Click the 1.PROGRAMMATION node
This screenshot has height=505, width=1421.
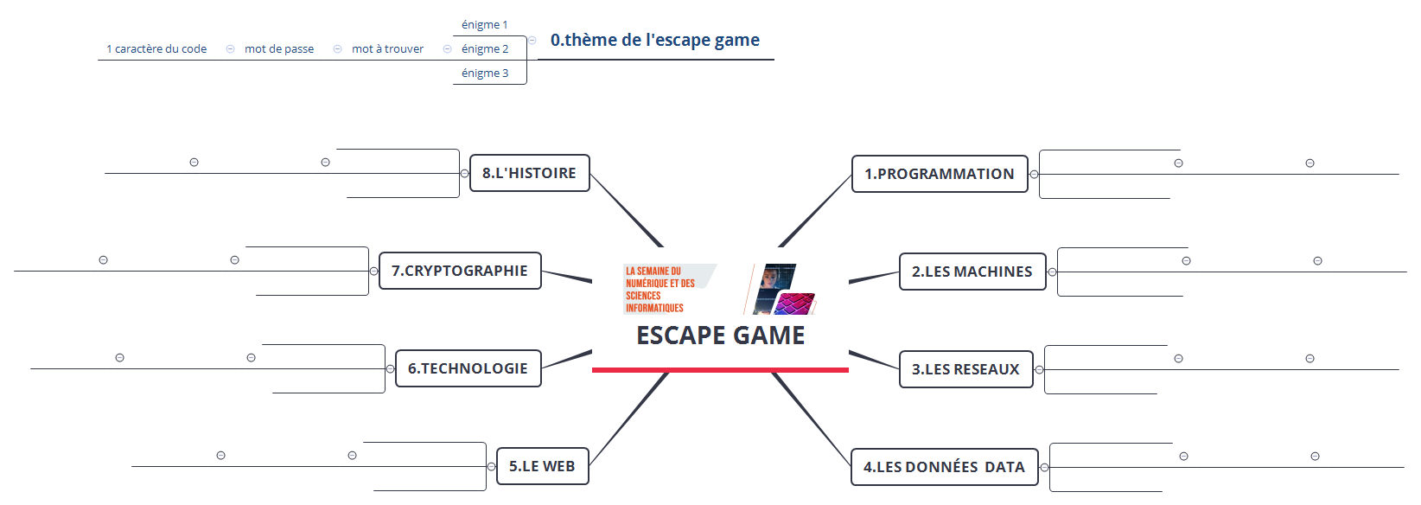[x=940, y=174]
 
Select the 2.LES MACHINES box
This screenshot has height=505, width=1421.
[x=972, y=272]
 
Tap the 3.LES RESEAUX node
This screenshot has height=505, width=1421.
[x=966, y=369]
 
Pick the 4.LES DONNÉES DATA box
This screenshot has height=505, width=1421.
[x=945, y=467]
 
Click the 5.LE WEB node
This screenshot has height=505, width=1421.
[x=543, y=466]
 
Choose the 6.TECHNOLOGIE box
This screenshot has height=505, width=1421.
[x=468, y=368]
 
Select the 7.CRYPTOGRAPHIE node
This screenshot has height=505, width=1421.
[x=460, y=271]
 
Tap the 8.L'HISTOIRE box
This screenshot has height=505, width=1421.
[x=530, y=173]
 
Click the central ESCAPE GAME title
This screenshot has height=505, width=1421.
[x=721, y=336]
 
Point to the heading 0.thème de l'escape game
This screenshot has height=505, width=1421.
[x=655, y=40]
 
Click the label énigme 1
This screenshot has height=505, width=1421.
[x=485, y=25]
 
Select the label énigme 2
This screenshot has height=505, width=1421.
[x=485, y=48]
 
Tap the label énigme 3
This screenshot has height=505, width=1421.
[x=485, y=73]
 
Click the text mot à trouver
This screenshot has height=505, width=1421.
[x=387, y=48]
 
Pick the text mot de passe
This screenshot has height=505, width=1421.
[x=279, y=48]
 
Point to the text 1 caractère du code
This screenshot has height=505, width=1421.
[x=156, y=48]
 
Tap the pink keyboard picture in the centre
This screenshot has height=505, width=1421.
[x=794, y=304]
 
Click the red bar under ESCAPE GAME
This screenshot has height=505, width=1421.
[x=720, y=370]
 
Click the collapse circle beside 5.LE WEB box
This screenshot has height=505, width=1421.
[x=491, y=466]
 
